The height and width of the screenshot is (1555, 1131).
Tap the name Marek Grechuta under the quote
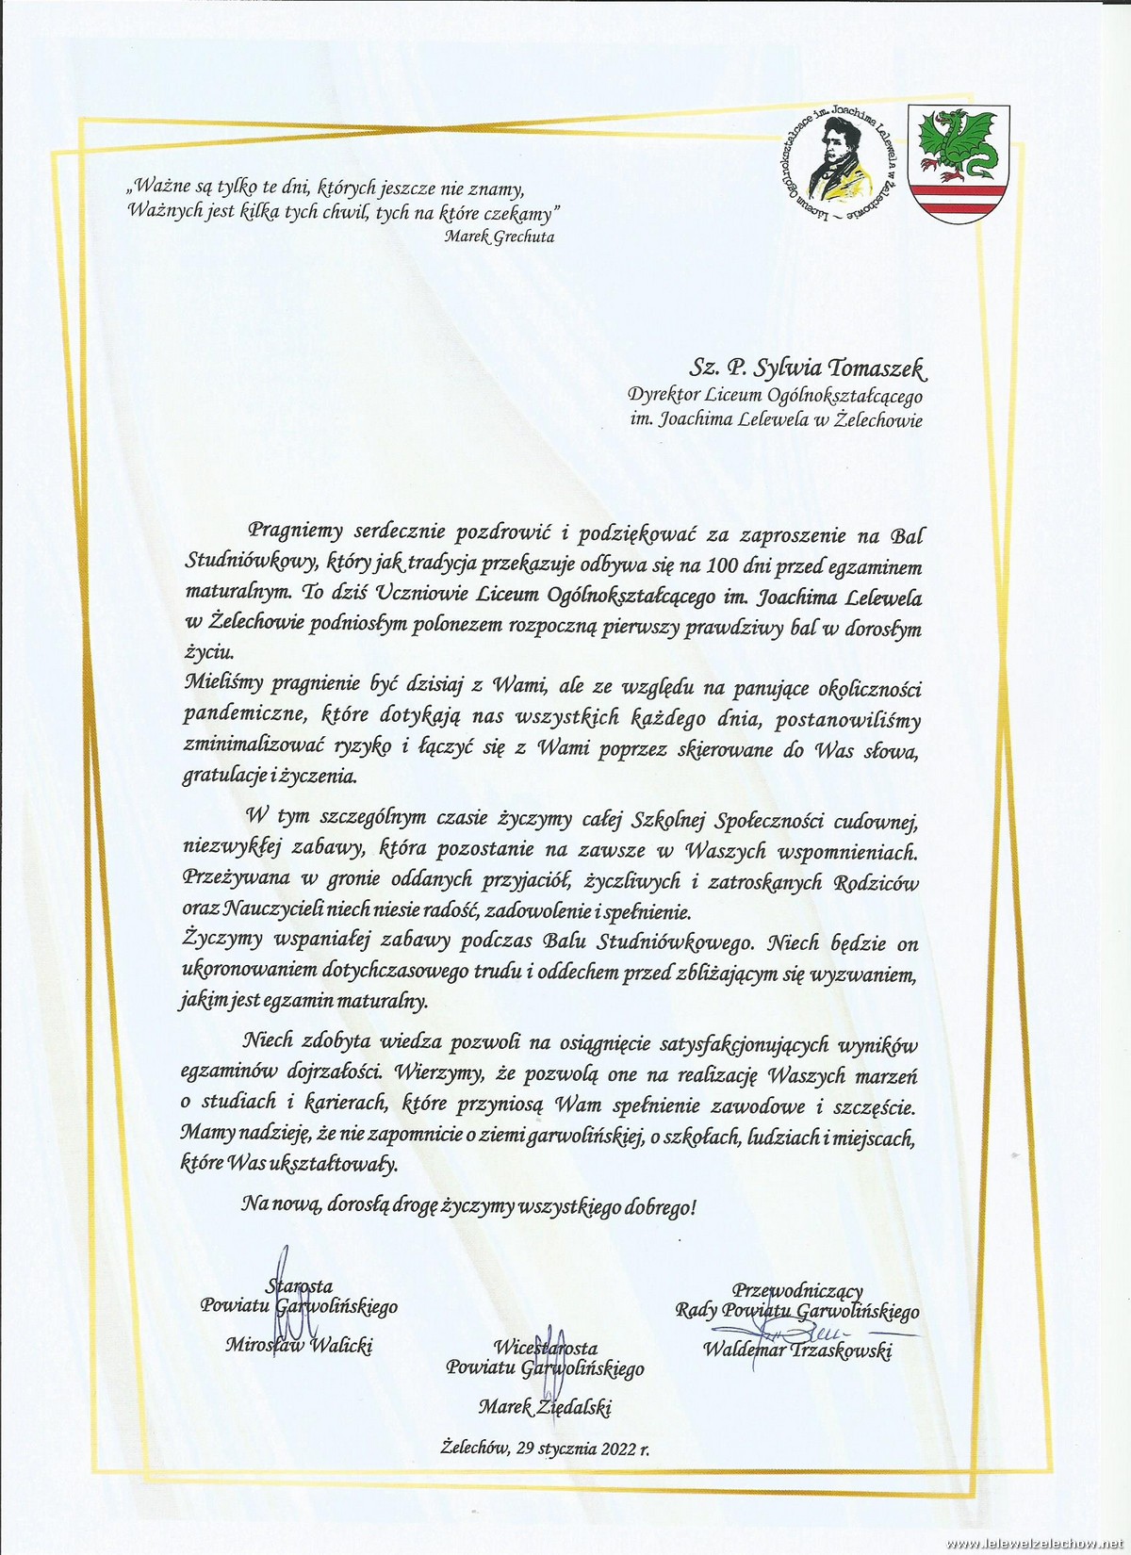(x=500, y=237)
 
